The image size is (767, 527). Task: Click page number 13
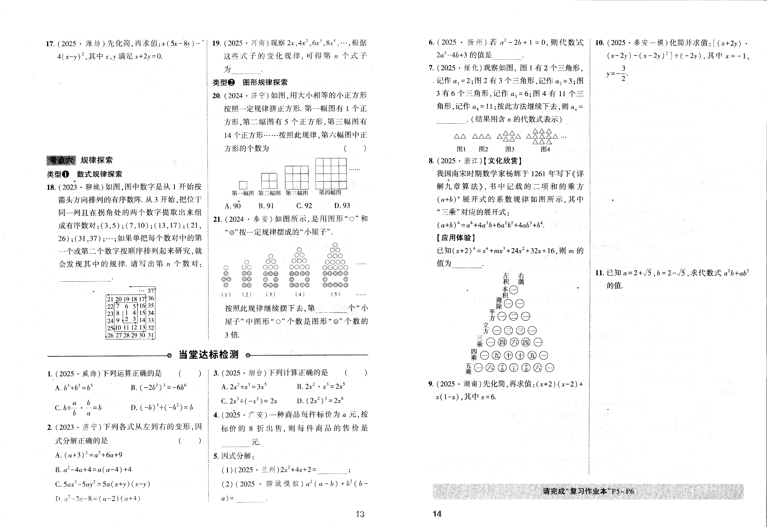[360, 514]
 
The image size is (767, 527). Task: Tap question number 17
[50, 44]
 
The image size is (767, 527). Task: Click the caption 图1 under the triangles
[461, 149]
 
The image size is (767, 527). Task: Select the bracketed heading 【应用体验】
[456, 238]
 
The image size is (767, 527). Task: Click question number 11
[599, 273]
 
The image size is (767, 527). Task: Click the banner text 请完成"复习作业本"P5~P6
[588, 491]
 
